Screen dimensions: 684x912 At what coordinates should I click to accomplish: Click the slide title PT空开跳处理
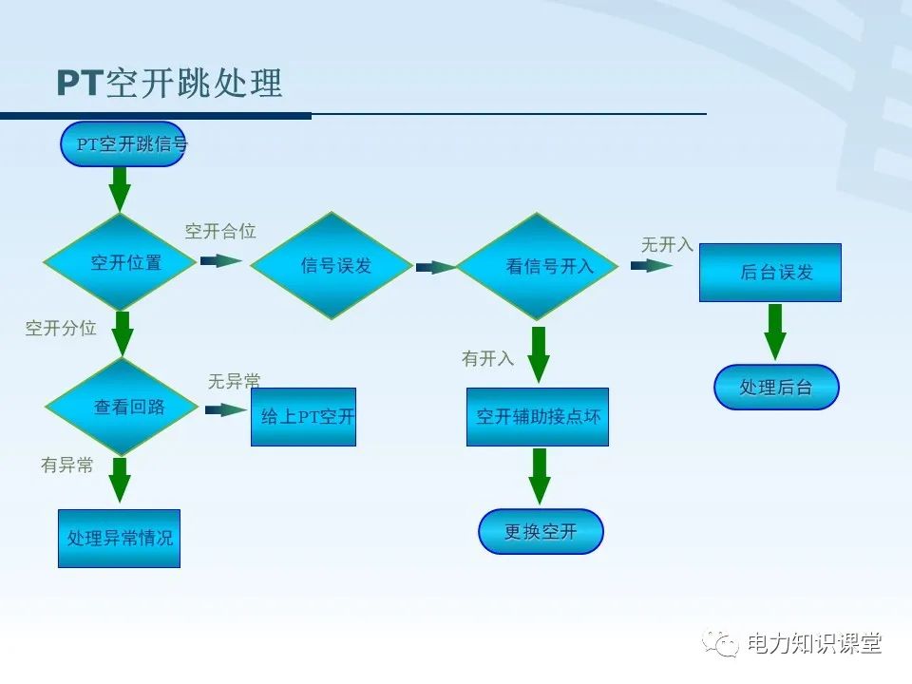169,84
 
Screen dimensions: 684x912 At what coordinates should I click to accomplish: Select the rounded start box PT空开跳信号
123,144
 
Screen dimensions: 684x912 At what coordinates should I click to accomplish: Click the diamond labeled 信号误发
332,266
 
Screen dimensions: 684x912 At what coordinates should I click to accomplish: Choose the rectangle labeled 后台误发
769,273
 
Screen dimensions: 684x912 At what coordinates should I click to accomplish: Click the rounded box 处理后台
776,387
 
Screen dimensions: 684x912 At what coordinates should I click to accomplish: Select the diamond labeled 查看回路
122,407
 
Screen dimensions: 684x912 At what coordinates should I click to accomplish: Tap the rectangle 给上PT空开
303,417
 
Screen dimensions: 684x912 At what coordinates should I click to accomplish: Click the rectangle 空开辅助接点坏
537,417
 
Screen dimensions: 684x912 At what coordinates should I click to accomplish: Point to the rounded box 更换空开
541,532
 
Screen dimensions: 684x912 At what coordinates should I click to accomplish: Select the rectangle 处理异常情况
119,539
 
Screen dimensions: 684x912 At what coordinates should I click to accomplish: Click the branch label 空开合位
220,232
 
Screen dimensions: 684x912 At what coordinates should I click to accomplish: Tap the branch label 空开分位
61,329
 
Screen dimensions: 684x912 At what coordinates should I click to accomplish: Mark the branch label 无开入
667,245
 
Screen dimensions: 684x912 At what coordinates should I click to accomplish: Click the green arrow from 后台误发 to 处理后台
775,332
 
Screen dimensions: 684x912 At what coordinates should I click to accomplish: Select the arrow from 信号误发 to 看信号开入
435,268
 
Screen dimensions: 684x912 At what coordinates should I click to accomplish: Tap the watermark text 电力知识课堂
815,643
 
